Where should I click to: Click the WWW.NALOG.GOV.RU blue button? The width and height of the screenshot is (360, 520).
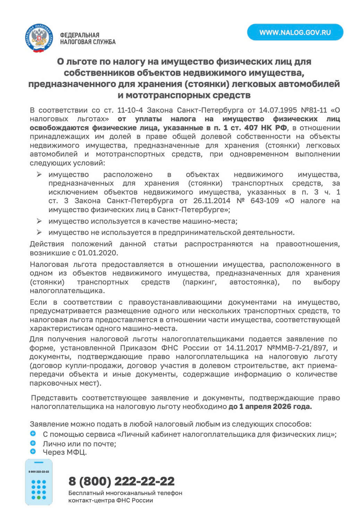(295, 32)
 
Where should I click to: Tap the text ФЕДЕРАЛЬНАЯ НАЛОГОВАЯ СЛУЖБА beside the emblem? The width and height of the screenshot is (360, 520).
(87, 38)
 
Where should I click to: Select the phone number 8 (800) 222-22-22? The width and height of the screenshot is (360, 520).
(121, 481)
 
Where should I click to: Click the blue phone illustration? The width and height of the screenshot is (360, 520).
(38, 482)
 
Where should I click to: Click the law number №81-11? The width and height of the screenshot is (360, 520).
(314, 110)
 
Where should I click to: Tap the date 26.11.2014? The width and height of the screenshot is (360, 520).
(212, 201)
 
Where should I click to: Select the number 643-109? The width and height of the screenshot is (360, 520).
(264, 201)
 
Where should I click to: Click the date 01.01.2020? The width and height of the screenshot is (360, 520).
(98, 253)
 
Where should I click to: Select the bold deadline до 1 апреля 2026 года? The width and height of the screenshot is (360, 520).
(270, 407)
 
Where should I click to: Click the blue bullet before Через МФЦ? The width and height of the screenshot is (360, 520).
(33, 451)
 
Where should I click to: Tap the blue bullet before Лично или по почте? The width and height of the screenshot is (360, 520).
(33, 443)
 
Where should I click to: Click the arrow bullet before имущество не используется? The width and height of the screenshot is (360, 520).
(39, 232)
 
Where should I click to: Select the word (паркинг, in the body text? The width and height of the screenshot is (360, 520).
(199, 282)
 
